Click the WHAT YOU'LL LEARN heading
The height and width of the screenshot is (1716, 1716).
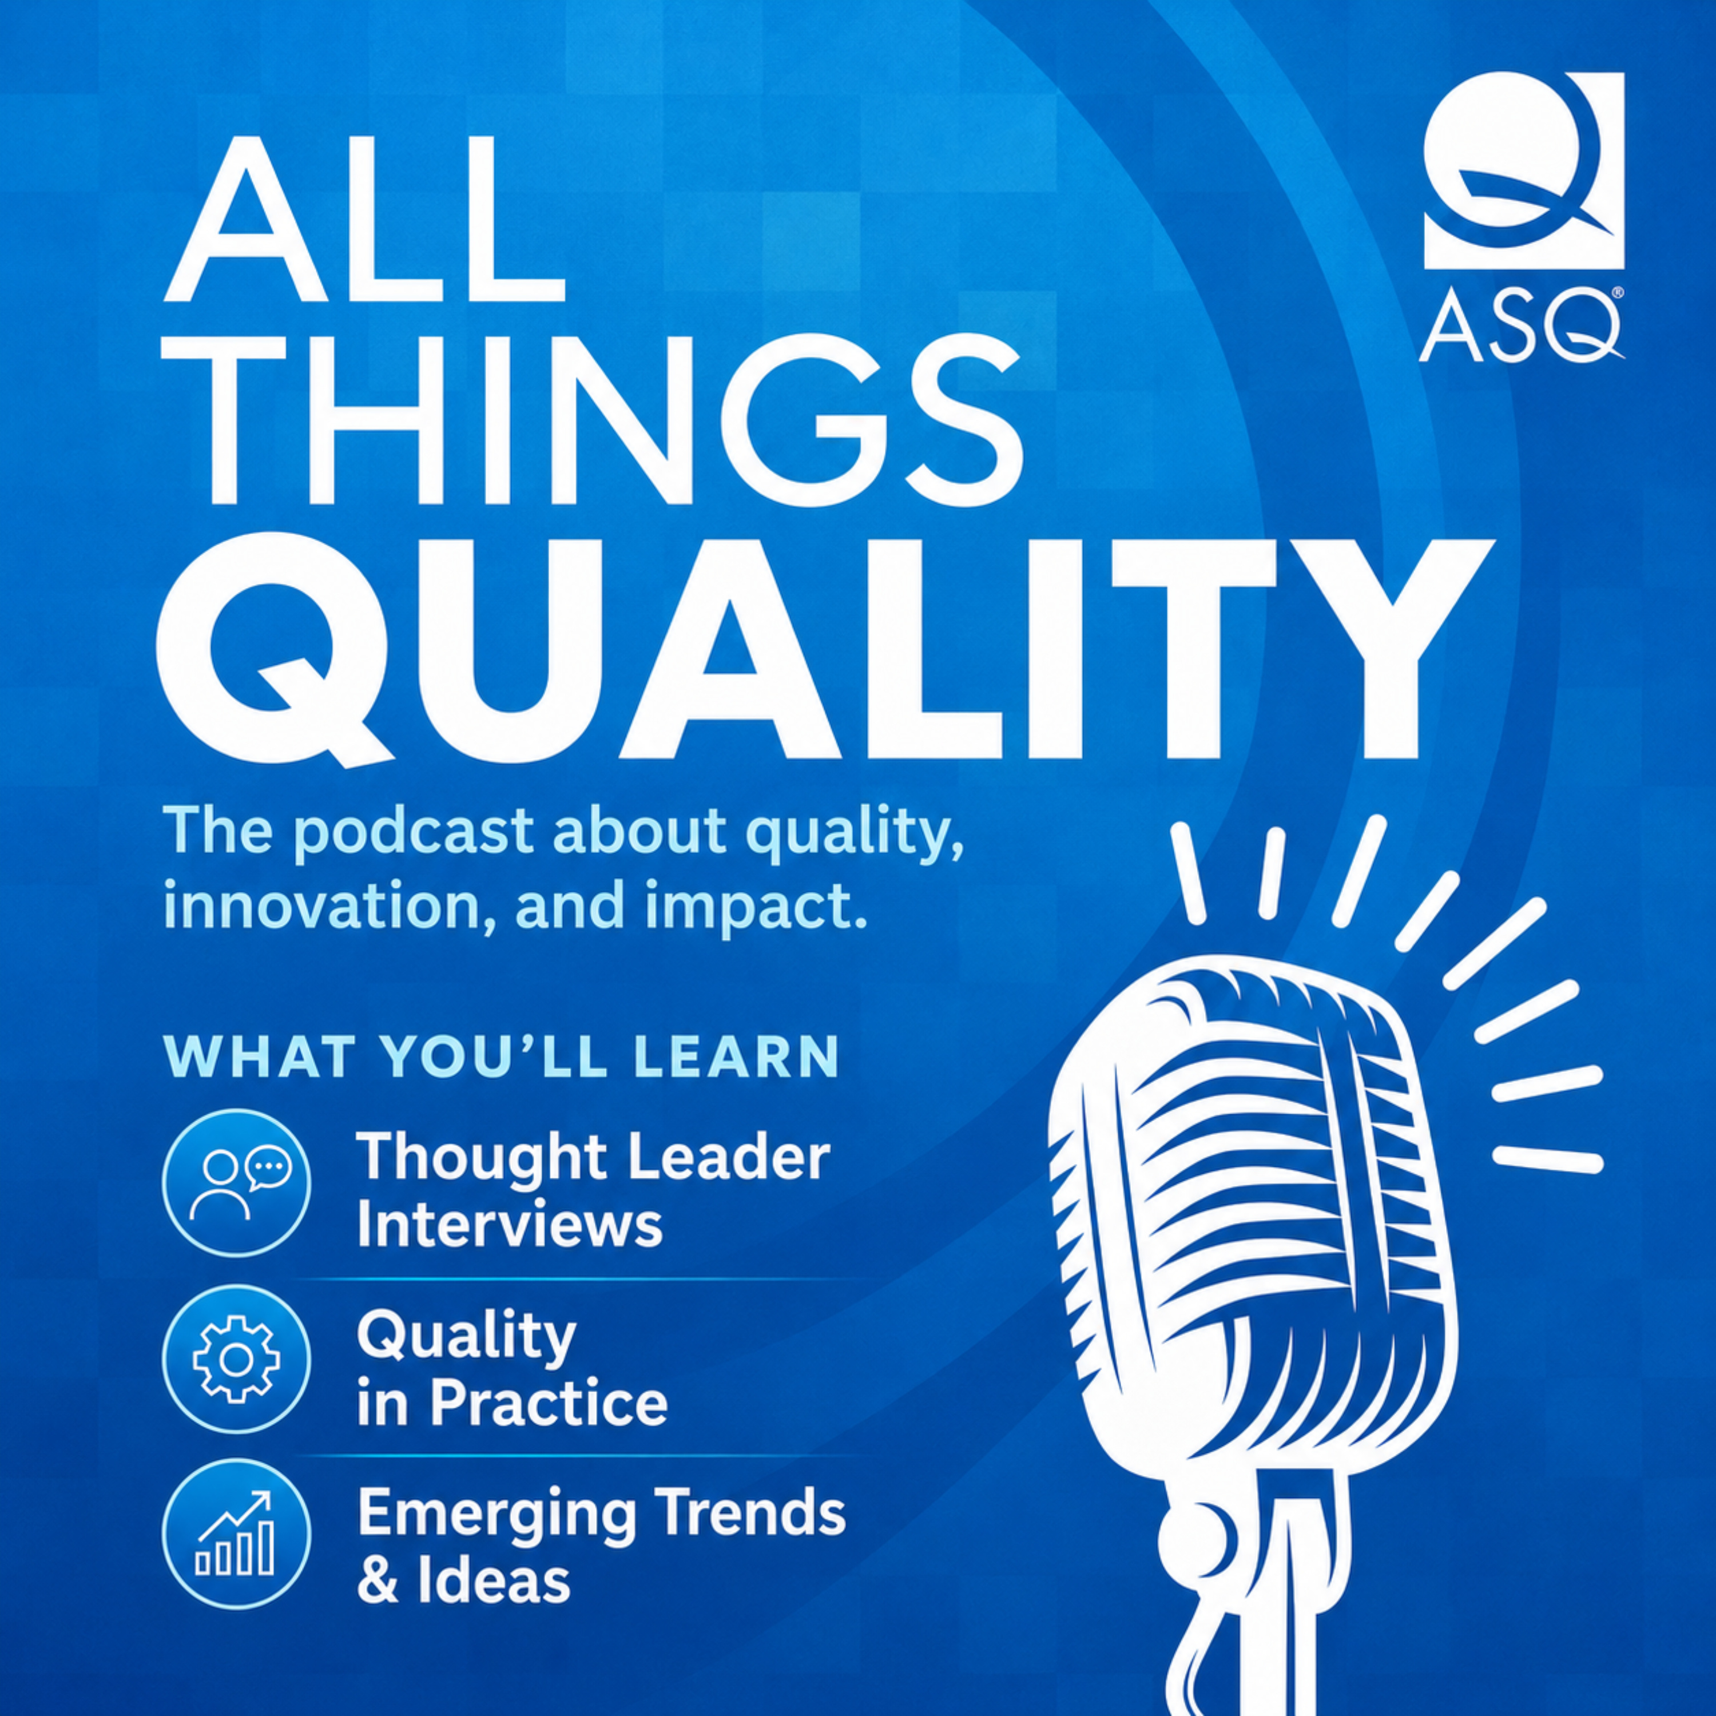pos(502,1056)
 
